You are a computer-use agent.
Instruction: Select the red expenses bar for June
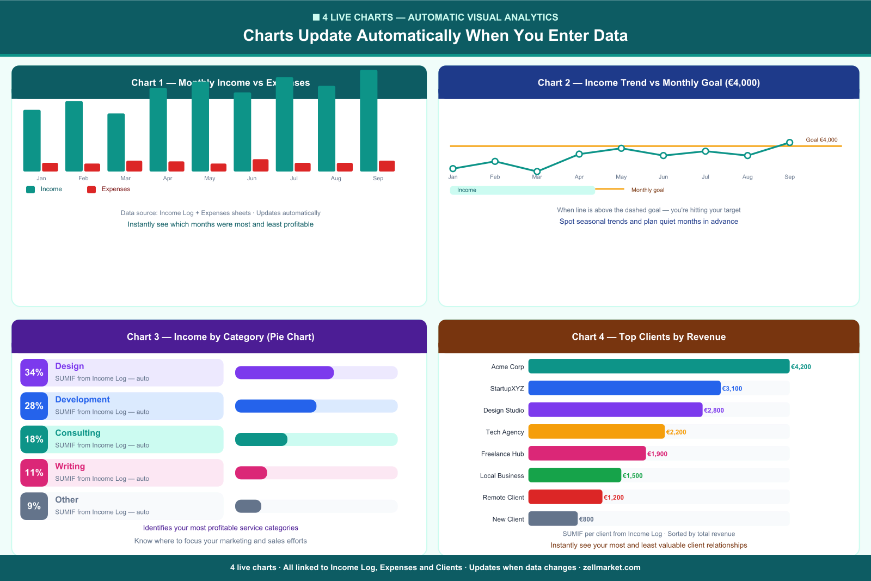260,165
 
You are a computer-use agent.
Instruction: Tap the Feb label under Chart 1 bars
83,178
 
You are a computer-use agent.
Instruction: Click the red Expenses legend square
91,189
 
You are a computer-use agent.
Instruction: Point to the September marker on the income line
789,143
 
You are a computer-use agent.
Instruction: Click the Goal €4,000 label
821,140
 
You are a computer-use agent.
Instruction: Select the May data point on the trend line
621,148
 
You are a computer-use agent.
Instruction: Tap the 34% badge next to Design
34,372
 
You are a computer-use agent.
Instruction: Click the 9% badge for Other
34,506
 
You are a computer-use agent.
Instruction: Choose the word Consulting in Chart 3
78,433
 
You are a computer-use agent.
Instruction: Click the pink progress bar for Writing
251,473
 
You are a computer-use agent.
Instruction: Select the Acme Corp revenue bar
659,366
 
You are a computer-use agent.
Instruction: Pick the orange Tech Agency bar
597,432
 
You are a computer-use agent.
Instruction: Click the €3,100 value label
732,389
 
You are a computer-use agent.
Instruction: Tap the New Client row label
508,519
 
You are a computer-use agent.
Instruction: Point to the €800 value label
586,519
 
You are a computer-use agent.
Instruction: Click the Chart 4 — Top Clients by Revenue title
648,337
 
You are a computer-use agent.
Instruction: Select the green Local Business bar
574,475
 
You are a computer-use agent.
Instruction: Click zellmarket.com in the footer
611,567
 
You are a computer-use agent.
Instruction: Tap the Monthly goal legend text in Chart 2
648,190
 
